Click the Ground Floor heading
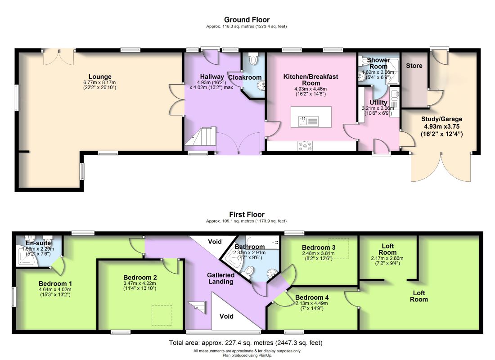tap(247, 20)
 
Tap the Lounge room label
tap(100, 76)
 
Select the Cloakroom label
tap(245, 77)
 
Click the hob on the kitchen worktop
tap(305, 146)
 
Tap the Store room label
tap(414, 66)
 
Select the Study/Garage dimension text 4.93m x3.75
tap(441, 126)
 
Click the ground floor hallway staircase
tap(200, 136)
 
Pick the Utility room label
tap(378, 102)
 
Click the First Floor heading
tap(247, 214)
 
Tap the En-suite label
tap(38, 243)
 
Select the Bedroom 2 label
tap(140, 278)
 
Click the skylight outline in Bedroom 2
tap(162, 315)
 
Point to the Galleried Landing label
tap(220, 278)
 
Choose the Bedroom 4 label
tap(312, 297)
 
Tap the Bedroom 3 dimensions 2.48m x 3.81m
tap(318, 253)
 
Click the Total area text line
tap(246, 342)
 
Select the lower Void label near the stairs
tap(226, 316)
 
